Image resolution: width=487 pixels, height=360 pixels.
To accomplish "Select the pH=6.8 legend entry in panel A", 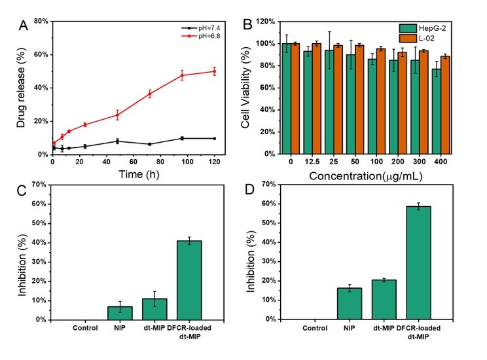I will pos(205,37).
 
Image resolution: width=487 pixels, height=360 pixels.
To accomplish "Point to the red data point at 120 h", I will pos(213,71).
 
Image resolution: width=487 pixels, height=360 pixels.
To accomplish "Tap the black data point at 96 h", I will pos(182,138).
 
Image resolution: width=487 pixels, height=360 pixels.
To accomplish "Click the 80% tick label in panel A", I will pos(38,22).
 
